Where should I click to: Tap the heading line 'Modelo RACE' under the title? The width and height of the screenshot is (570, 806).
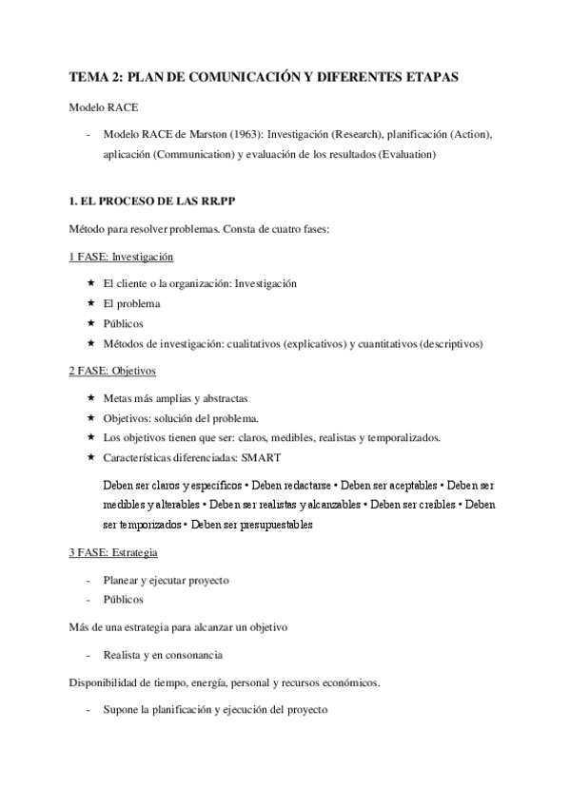(102, 107)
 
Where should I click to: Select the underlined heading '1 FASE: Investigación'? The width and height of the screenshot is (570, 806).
(121, 258)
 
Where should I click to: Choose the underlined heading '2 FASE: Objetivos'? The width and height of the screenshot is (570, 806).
(112, 370)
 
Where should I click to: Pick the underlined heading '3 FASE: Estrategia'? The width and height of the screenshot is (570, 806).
(113, 552)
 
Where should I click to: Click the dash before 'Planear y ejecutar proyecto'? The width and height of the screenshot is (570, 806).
(88, 580)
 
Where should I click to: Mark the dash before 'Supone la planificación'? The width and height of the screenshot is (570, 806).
(88, 710)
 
